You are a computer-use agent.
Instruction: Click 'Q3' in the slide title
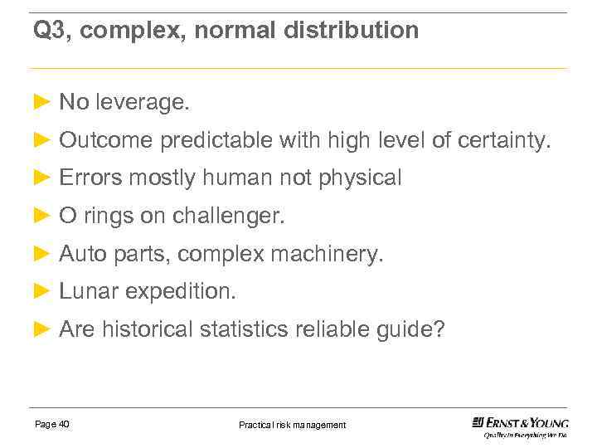(x=49, y=32)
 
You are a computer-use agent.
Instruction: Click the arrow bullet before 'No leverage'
(x=42, y=102)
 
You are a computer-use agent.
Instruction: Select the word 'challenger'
(x=228, y=217)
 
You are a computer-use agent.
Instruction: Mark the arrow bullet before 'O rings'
(x=42, y=216)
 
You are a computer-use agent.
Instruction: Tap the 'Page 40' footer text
(x=52, y=424)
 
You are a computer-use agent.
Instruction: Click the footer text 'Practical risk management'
(x=292, y=425)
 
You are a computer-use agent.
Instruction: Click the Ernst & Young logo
(x=520, y=426)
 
